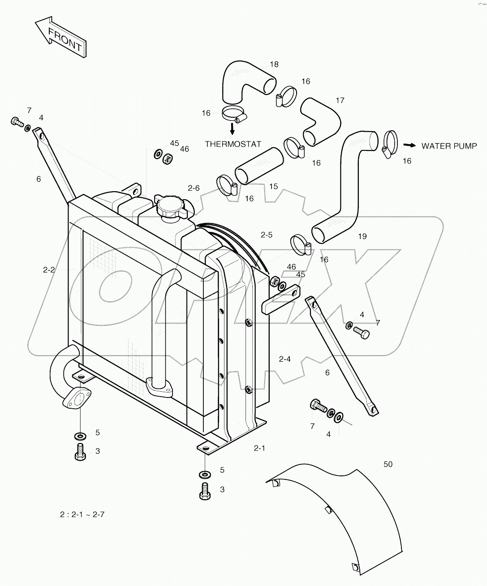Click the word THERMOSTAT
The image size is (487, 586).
233,144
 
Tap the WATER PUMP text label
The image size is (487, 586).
449,146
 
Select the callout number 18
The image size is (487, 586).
274,64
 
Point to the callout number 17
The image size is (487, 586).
340,101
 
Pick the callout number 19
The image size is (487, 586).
362,236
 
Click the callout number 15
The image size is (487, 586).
273,187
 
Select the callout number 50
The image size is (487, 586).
388,464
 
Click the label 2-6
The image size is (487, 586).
194,188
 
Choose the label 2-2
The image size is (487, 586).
49,269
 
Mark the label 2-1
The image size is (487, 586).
259,448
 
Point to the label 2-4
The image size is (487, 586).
284,359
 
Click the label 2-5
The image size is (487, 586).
267,235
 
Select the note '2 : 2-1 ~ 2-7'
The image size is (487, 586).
82,515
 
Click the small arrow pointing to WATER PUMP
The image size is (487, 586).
409,145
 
